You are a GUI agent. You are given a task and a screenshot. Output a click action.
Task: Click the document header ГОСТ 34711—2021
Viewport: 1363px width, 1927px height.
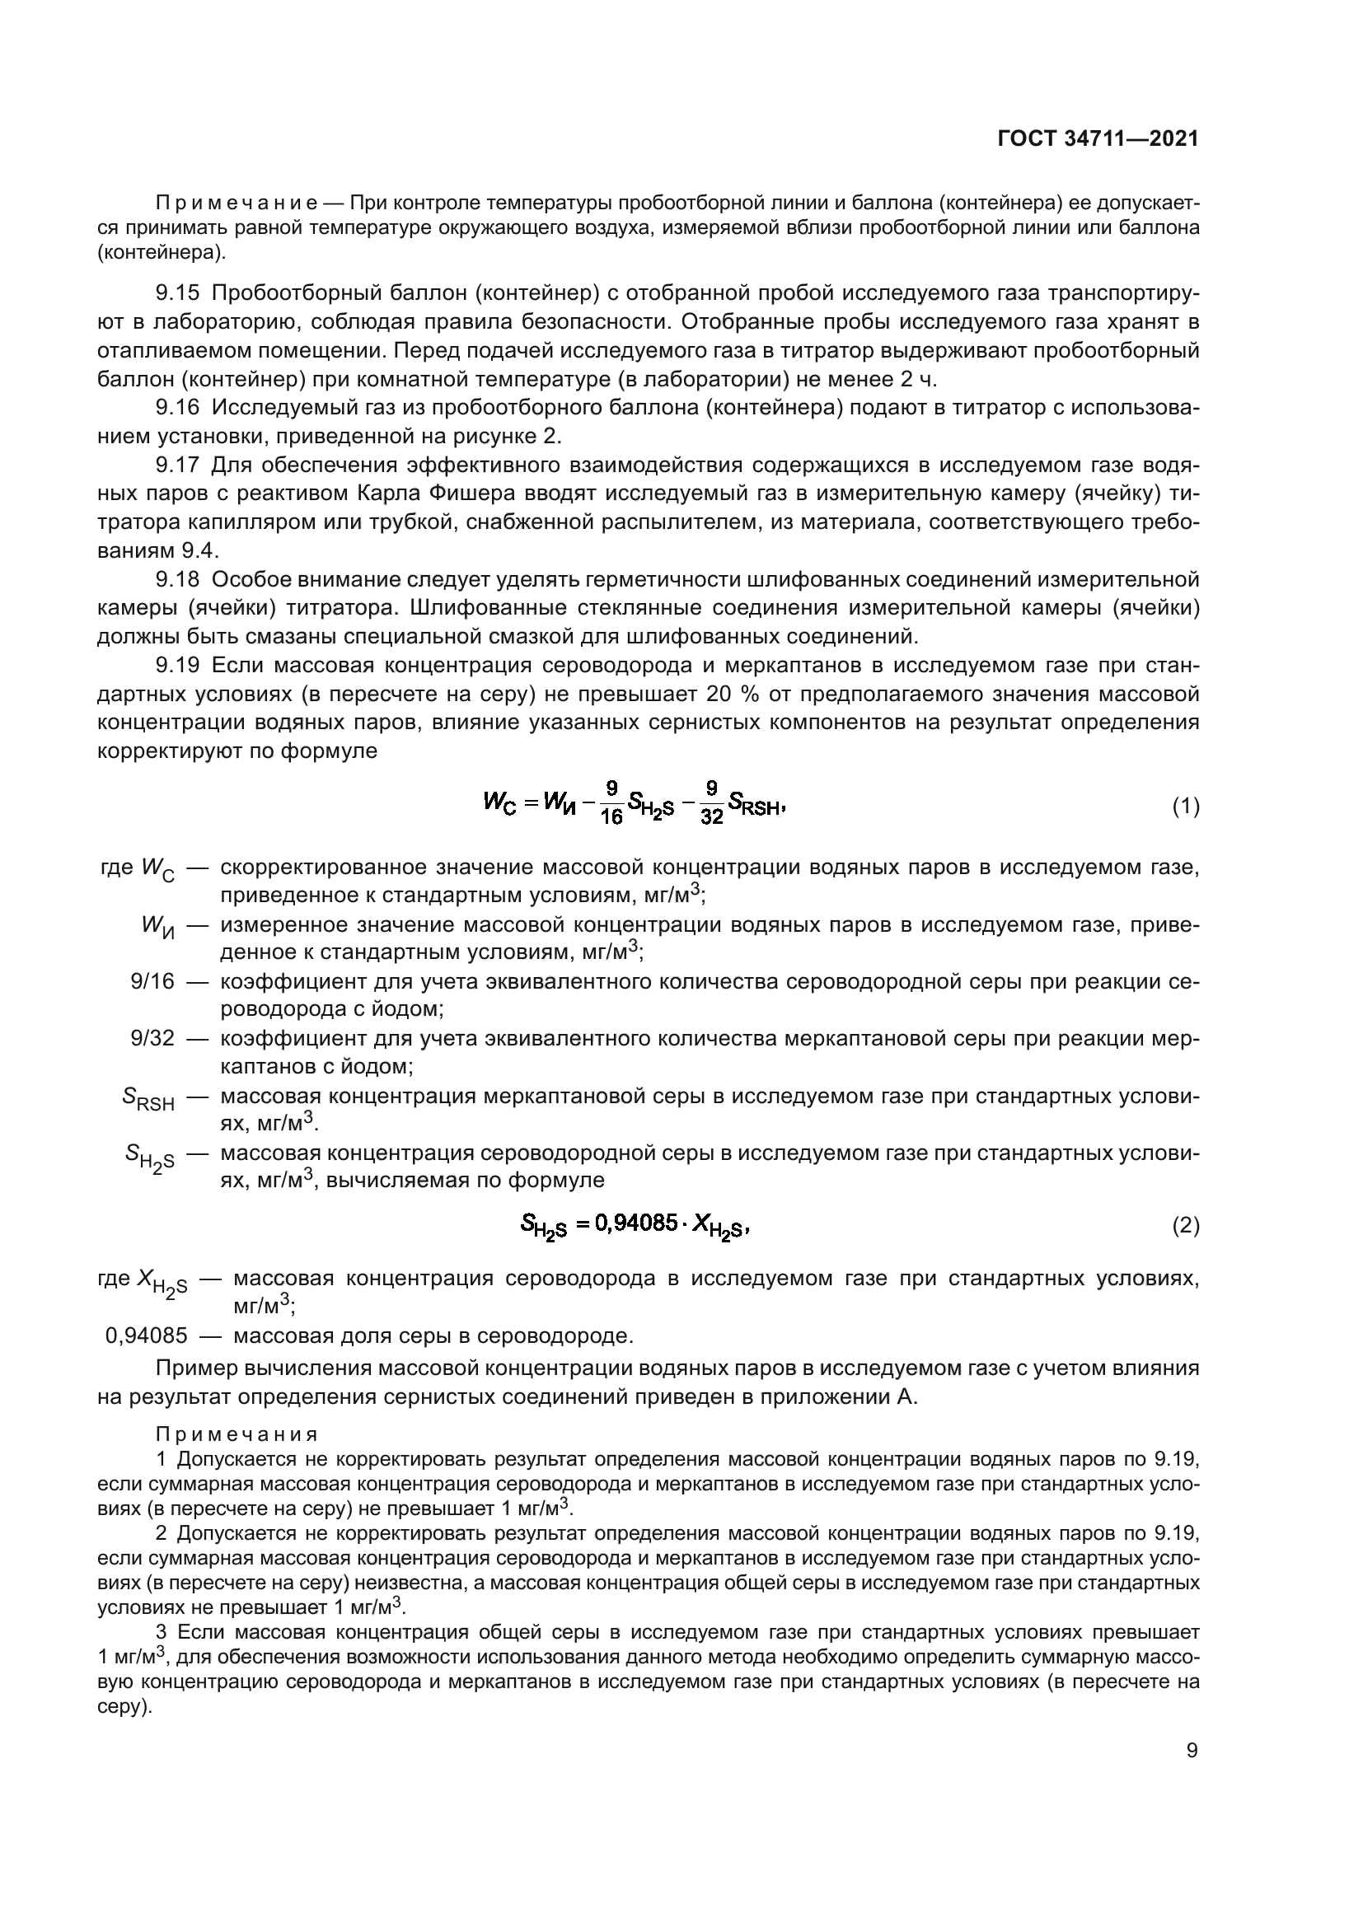[1098, 139]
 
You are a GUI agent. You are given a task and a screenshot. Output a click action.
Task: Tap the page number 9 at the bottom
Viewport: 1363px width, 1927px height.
[1192, 1751]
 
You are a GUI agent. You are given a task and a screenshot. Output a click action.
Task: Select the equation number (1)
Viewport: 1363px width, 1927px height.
[1185, 807]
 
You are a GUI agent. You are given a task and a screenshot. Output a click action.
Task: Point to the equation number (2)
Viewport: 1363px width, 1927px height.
[1185, 1226]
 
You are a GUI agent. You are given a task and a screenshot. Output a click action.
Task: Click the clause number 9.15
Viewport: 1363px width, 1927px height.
[178, 293]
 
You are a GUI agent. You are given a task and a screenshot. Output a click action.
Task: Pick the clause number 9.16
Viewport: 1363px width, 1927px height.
[178, 408]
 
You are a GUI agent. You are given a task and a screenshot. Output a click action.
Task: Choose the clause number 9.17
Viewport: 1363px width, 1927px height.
[178, 465]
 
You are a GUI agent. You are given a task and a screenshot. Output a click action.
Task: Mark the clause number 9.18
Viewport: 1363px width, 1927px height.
[178, 580]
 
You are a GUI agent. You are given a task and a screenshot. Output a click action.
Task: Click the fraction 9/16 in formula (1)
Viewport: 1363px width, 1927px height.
[611, 803]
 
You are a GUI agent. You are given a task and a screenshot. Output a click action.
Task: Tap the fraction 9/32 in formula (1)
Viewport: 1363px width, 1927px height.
[711, 803]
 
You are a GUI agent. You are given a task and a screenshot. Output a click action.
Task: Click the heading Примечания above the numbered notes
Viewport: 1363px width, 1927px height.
[237, 1434]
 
